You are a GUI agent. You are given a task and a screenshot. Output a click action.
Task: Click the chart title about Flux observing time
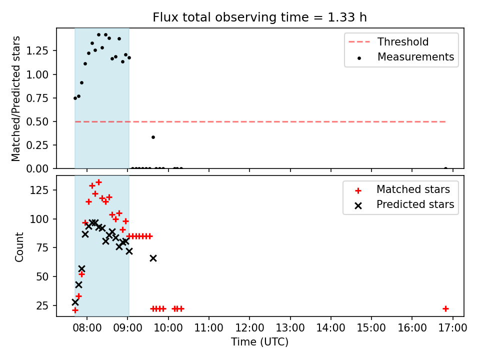pyautogui.click(x=259, y=17)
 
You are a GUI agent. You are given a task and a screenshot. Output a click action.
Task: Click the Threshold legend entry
pyautogui.click(x=403, y=42)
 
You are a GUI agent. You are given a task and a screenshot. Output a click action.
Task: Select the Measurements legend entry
pyautogui.click(x=415, y=57)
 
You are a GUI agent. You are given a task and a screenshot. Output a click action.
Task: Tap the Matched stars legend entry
pyautogui.click(x=413, y=189)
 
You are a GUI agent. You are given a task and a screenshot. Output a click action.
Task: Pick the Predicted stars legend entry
pyautogui.click(x=415, y=204)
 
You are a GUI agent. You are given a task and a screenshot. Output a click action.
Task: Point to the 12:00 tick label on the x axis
pyautogui.click(x=249, y=328)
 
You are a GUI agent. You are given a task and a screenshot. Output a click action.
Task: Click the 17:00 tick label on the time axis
pyautogui.click(x=452, y=328)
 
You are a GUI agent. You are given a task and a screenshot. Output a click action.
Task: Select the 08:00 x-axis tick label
pyautogui.click(x=87, y=328)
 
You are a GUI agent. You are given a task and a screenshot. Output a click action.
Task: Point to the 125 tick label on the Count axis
pyautogui.click(x=43, y=190)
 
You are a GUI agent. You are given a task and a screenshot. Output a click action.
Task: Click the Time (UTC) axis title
pyautogui.click(x=259, y=342)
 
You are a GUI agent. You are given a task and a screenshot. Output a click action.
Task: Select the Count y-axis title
pyautogui.click(x=19, y=246)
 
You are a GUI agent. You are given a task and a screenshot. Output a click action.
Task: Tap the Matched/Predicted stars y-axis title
pyautogui.click(x=16, y=98)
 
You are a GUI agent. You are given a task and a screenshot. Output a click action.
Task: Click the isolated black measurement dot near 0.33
pyautogui.click(x=153, y=137)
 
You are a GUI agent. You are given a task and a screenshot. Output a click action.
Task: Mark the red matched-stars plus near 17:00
pyautogui.click(x=445, y=308)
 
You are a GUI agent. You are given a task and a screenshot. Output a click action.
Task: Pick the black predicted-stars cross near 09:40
pyautogui.click(x=153, y=258)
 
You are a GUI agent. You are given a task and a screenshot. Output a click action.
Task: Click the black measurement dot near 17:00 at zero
pyautogui.click(x=445, y=168)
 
